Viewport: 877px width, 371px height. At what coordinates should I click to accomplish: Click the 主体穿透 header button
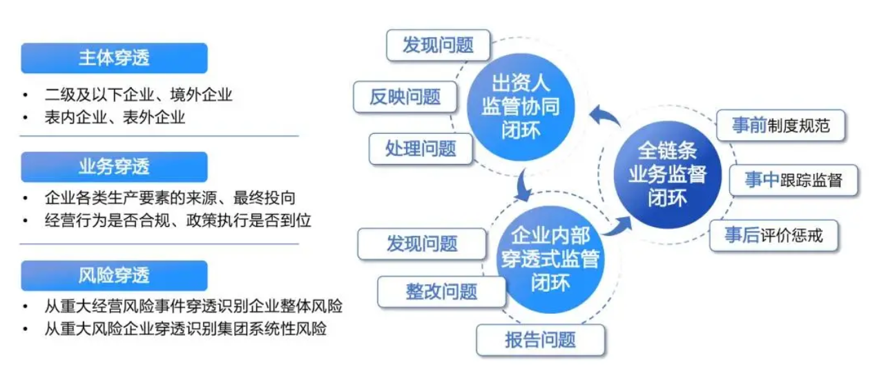point(114,58)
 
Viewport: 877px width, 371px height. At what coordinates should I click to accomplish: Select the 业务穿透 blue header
point(114,166)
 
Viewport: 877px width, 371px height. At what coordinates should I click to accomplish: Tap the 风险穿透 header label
point(114,275)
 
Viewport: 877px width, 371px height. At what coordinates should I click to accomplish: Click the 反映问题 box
point(405,97)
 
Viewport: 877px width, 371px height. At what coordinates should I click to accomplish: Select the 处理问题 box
point(421,148)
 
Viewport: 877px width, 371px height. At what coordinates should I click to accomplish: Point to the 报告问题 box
point(540,339)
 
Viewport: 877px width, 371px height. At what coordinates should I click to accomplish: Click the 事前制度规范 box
point(780,126)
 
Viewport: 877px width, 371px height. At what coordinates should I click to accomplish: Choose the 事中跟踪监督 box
point(793,181)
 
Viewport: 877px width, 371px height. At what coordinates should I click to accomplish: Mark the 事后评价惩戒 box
point(773,236)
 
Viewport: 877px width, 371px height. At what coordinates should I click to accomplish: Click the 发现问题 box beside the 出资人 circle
point(438,46)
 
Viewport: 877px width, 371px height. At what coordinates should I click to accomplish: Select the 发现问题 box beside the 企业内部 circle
point(422,243)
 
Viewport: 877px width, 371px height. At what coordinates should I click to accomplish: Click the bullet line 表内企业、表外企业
point(115,117)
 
